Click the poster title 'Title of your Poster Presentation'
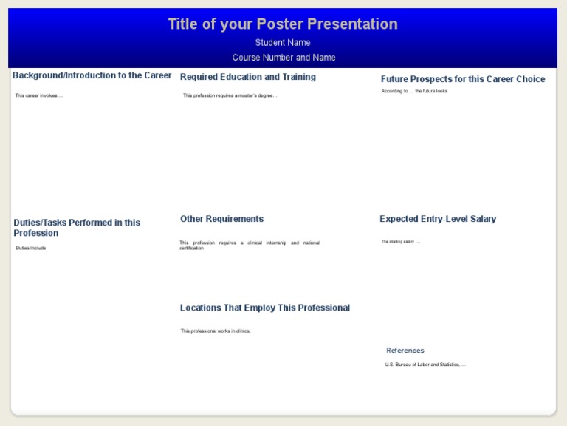click(x=283, y=24)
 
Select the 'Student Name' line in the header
click(x=283, y=43)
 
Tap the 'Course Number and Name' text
click(x=283, y=58)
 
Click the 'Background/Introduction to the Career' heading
click(x=92, y=76)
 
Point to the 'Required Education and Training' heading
click(x=248, y=78)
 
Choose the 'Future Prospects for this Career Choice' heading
click(x=463, y=80)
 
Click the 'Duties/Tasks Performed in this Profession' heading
click(x=77, y=228)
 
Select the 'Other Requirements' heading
click(x=221, y=220)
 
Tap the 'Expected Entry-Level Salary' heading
click(x=438, y=220)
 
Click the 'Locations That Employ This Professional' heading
click(x=265, y=308)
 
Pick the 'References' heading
click(x=405, y=351)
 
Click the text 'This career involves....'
click(x=39, y=96)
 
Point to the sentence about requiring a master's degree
click(x=230, y=96)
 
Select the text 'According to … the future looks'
click(x=414, y=92)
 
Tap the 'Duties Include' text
click(x=31, y=248)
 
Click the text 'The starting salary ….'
click(x=401, y=242)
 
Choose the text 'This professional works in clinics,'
click(x=216, y=331)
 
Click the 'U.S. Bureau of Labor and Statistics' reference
click(x=425, y=365)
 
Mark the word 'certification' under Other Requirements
click(x=191, y=248)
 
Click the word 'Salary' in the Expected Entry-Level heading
click(x=482, y=220)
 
